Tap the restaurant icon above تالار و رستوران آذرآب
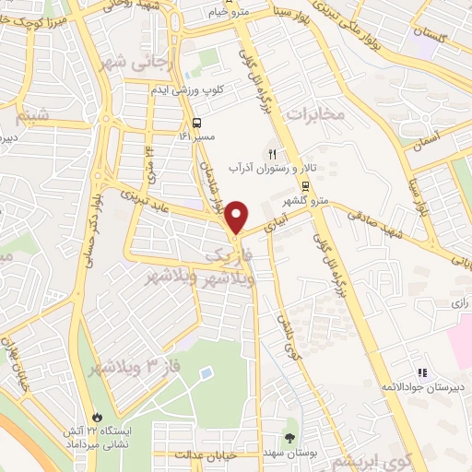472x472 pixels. pos(272,154)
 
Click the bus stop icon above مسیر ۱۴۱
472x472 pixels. pos(196,124)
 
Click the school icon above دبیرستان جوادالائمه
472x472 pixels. pos(422,372)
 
